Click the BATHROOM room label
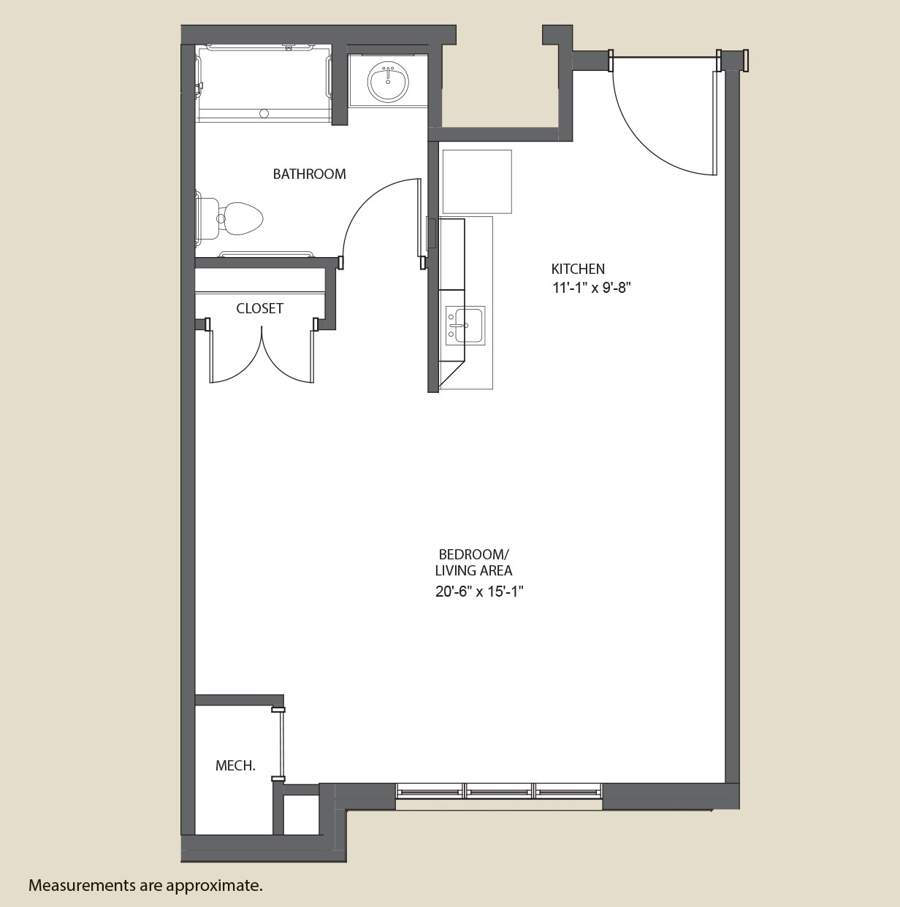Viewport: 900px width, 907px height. (x=310, y=174)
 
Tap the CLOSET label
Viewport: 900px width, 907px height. (x=259, y=308)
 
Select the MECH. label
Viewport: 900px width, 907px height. (x=235, y=766)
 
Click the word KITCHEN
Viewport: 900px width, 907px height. (x=578, y=269)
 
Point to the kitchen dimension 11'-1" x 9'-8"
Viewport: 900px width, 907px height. (x=591, y=288)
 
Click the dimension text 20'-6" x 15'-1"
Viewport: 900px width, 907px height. (x=479, y=592)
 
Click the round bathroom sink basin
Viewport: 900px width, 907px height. (x=388, y=83)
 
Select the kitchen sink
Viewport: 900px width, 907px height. (x=465, y=325)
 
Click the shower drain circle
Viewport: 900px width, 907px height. (x=264, y=113)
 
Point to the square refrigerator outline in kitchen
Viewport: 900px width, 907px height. (x=476, y=182)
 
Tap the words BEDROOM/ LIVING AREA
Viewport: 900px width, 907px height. (x=474, y=562)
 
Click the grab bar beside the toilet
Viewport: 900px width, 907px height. (x=266, y=254)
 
